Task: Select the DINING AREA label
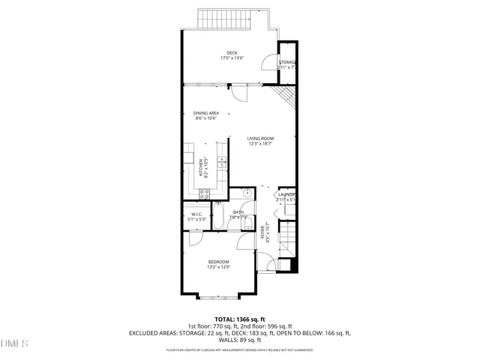205,112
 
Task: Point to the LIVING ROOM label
261,138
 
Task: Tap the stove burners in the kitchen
204,194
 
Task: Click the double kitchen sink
222,161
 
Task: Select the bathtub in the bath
218,218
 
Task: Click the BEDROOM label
218,262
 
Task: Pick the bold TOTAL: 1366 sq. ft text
240,319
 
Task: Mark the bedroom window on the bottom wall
218,298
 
